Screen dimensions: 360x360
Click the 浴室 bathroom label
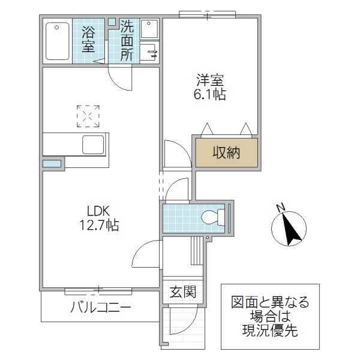(x=89, y=40)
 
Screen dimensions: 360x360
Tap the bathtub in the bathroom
(x=58, y=41)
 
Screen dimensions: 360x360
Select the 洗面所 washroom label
(x=127, y=40)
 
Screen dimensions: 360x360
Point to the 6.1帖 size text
(x=210, y=94)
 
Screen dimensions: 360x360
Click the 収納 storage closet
(x=226, y=153)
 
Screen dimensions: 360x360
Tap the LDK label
(x=99, y=211)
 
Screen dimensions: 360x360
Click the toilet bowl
(x=211, y=217)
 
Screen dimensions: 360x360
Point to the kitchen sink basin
(x=94, y=145)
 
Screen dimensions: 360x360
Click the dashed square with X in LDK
(x=88, y=116)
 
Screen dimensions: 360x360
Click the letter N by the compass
(x=280, y=208)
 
